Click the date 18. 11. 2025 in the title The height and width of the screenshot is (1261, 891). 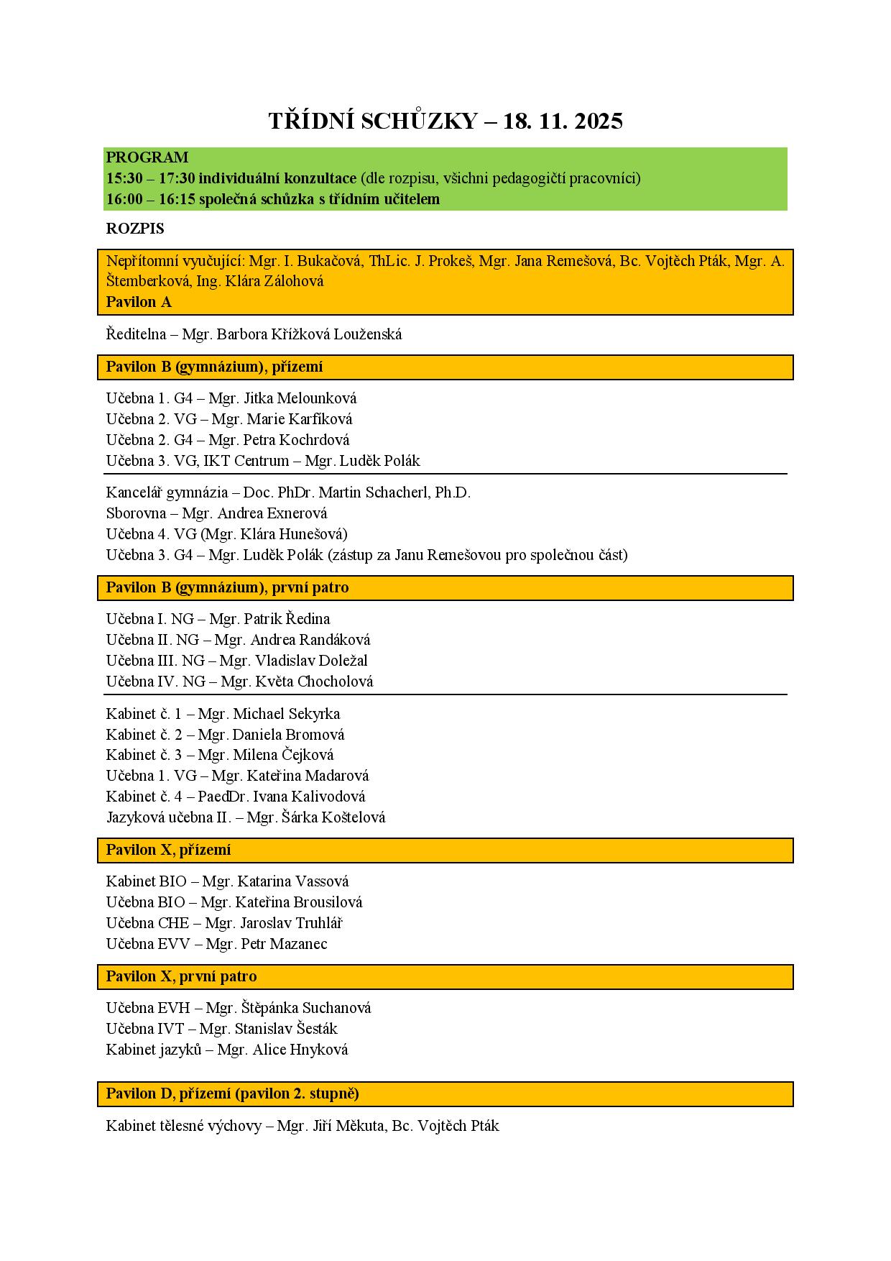[x=563, y=121]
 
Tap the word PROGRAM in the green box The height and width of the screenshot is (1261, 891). [x=147, y=157]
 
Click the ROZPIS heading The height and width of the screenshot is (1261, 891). [x=135, y=229]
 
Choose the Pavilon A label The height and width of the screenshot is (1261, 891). [x=139, y=302]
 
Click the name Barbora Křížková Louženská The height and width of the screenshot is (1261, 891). [x=310, y=334]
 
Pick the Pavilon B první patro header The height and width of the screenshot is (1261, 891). [x=227, y=587]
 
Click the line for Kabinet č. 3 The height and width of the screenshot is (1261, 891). [x=219, y=755]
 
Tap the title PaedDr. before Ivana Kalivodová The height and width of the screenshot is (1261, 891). [x=222, y=797]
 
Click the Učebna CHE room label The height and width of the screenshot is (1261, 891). [x=147, y=923]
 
